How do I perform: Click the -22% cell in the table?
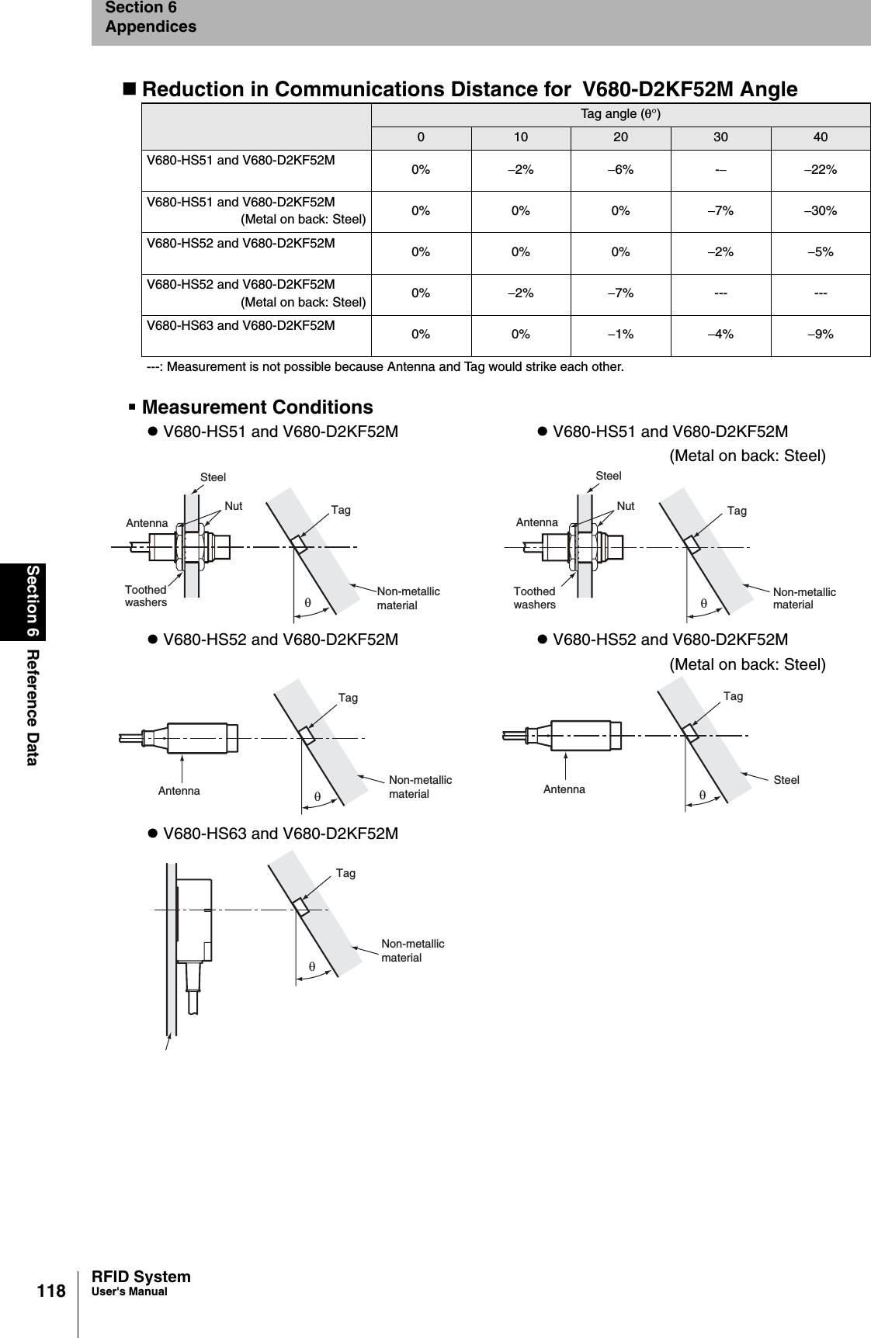(820, 170)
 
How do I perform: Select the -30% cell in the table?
(820, 211)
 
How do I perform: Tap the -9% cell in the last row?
(820, 334)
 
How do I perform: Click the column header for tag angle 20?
(620, 137)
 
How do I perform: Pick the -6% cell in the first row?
(620, 170)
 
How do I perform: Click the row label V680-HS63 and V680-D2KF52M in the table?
(241, 325)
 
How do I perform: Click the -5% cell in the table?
(820, 252)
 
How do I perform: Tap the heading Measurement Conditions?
(257, 407)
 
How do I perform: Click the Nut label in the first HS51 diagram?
(234, 506)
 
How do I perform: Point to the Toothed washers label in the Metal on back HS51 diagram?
(535, 598)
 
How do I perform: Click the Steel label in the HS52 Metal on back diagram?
(786, 780)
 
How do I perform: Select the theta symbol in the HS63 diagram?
(311, 967)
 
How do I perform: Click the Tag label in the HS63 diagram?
(345, 873)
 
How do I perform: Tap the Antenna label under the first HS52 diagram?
(179, 791)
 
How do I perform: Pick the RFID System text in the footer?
(141, 1277)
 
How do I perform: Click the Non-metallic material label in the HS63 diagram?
(413, 951)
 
